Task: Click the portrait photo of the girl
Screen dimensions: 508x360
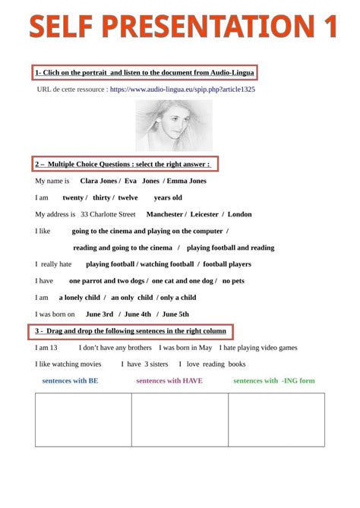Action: click(x=173, y=125)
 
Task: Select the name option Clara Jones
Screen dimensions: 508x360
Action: click(x=98, y=181)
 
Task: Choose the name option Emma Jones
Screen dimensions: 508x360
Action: click(x=186, y=181)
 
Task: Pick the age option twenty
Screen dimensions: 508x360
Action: click(x=73, y=197)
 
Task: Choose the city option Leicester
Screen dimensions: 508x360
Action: click(x=207, y=214)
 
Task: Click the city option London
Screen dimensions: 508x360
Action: click(x=240, y=214)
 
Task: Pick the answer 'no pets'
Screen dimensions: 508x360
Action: click(x=233, y=280)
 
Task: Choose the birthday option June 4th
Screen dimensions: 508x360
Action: click(x=137, y=314)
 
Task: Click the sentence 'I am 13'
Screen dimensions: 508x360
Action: click(x=46, y=347)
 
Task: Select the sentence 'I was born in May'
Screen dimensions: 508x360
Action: click(x=185, y=347)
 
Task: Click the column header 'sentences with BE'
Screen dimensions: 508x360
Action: click(x=70, y=380)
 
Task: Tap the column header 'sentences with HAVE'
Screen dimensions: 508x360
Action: click(x=169, y=380)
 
